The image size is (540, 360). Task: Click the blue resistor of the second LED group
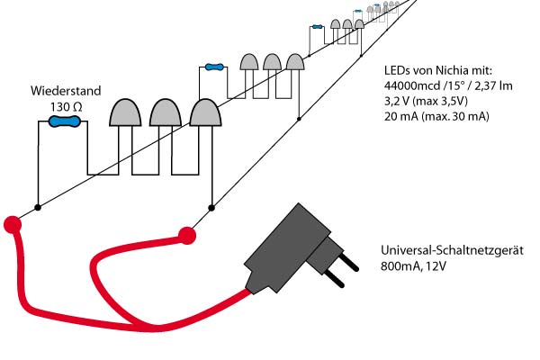pos(213,67)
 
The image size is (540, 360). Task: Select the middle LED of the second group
pos(272,62)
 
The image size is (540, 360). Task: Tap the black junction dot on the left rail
pos(37,208)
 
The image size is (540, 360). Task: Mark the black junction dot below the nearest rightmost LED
pos(211,208)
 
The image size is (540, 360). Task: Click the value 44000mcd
pos(401,85)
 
